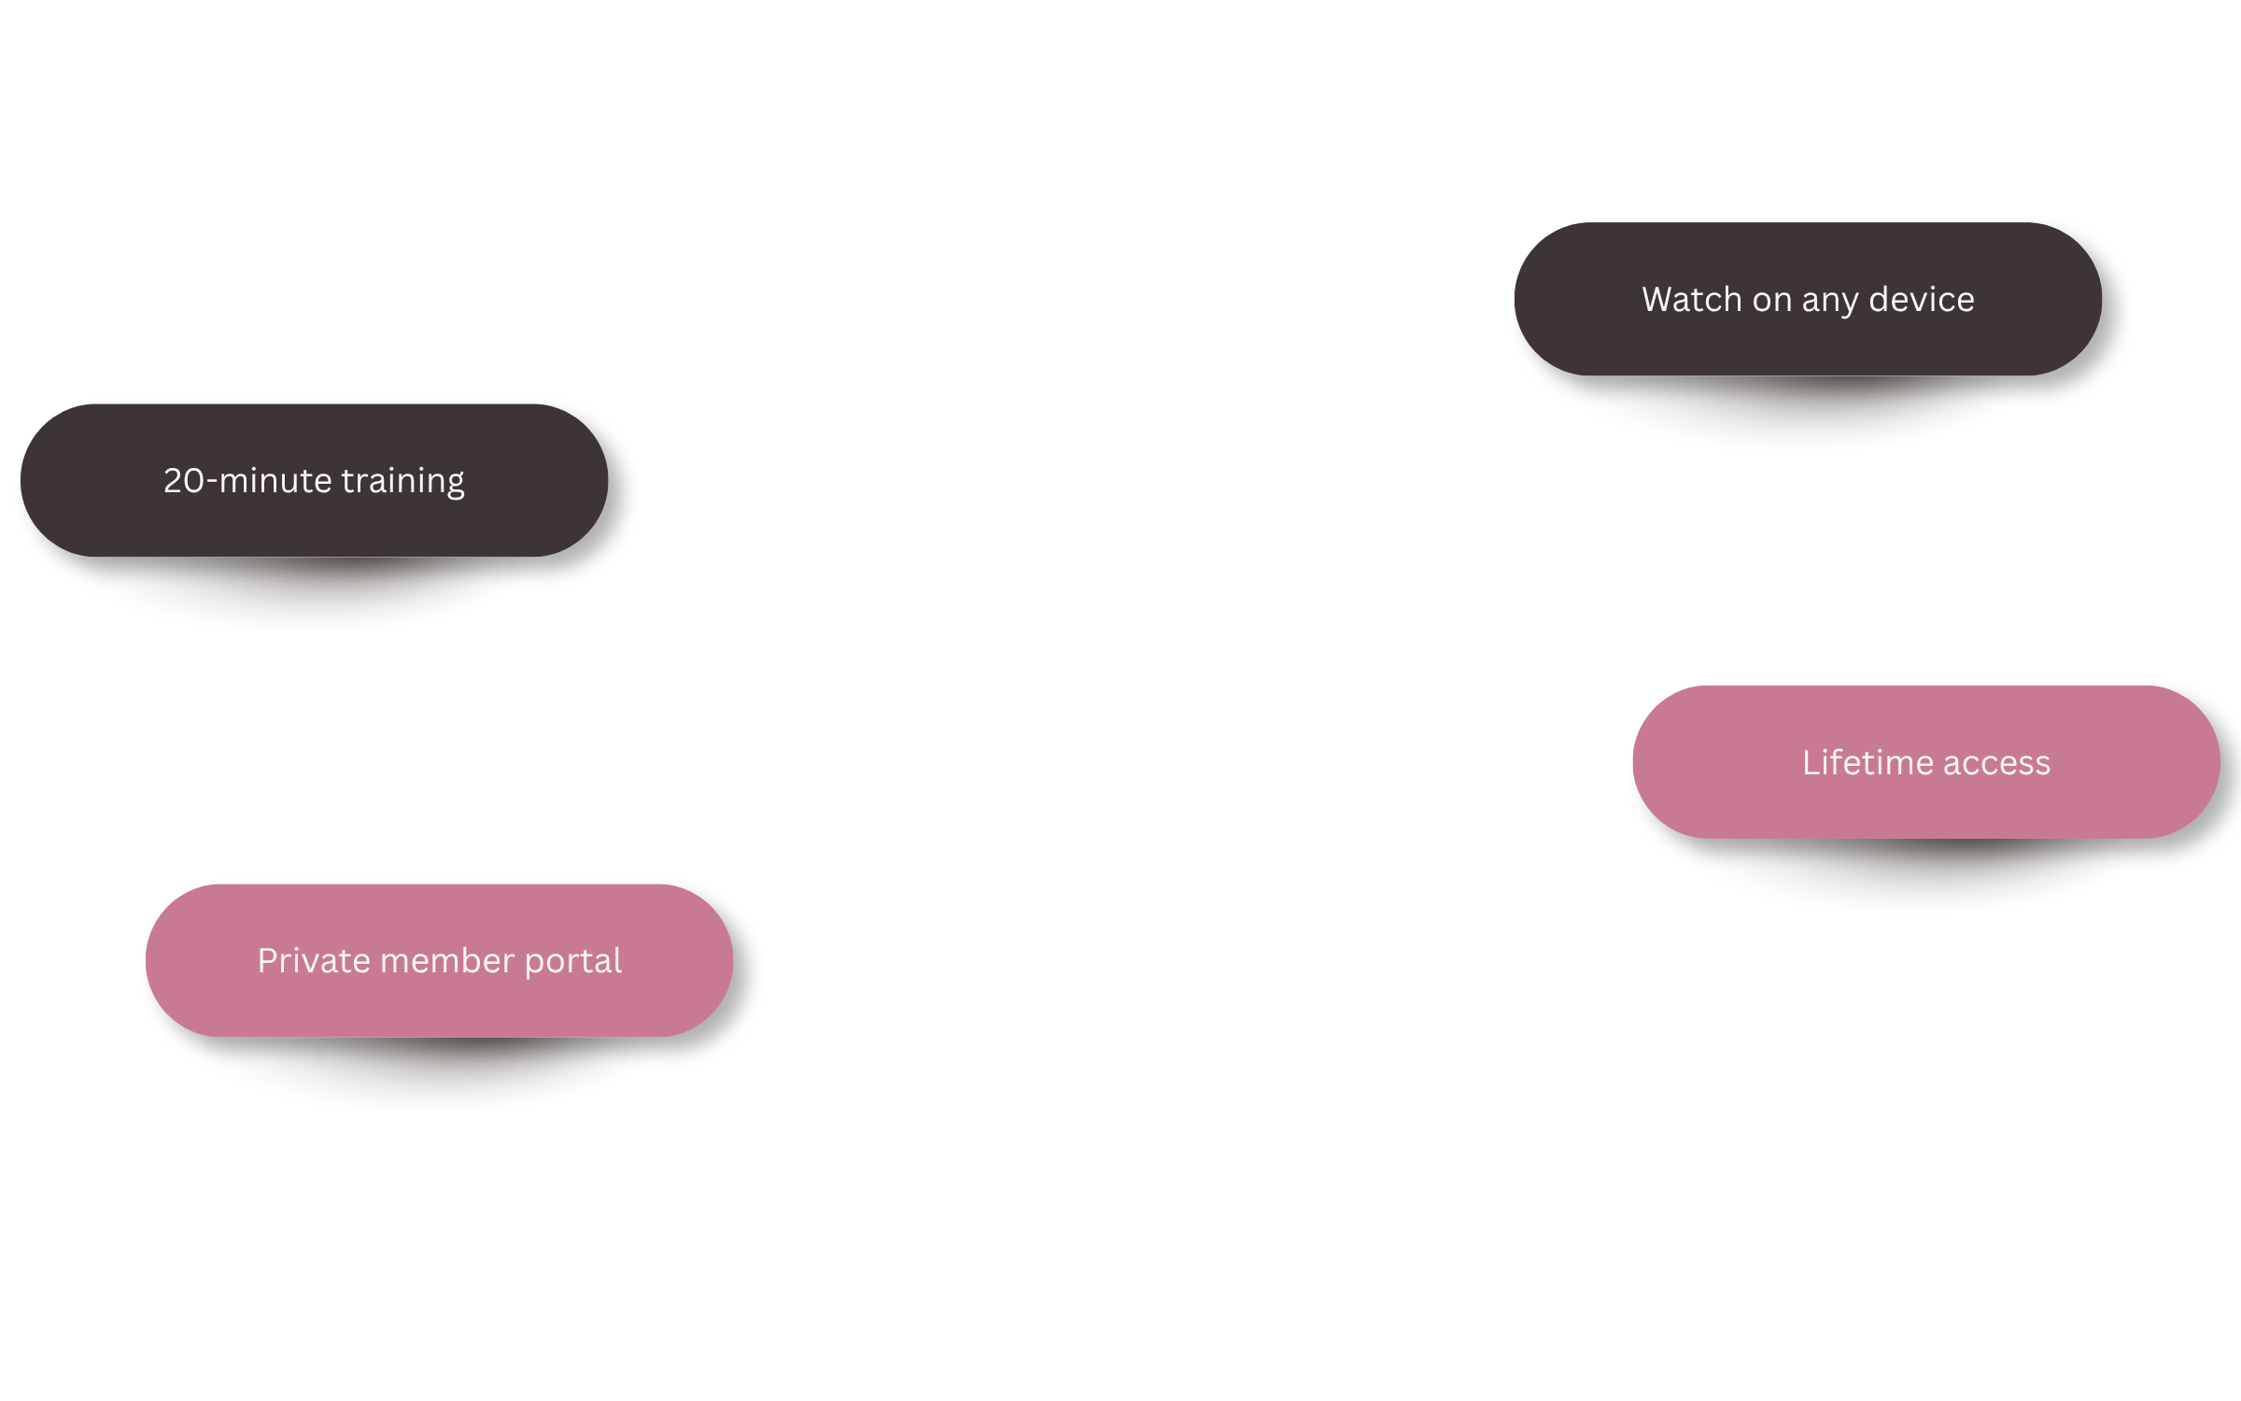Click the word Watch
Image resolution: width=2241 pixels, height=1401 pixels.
point(1692,299)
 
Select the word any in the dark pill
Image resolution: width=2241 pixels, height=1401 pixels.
point(1830,303)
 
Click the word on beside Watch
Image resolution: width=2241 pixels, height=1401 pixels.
point(1772,301)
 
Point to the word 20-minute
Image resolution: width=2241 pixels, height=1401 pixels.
point(247,480)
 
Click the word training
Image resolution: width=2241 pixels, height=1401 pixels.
point(403,482)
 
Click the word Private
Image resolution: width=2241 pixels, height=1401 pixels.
point(314,960)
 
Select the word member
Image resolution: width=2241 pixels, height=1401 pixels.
point(447,960)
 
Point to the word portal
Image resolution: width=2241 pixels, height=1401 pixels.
point(573,962)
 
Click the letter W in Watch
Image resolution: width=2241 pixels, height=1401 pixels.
point(1661,300)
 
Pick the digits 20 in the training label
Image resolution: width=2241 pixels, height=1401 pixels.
point(184,481)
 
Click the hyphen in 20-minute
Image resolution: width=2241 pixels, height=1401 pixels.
point(212,483)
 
